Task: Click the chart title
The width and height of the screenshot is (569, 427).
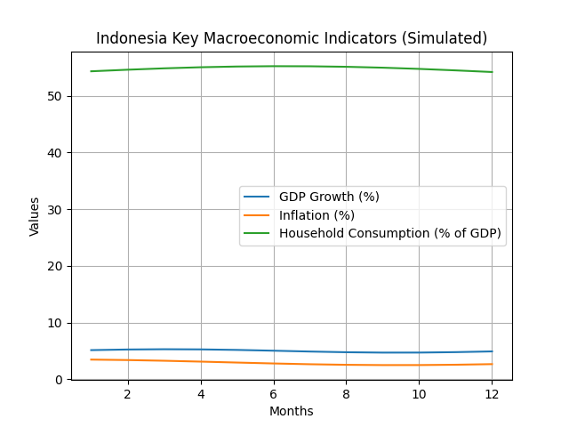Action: [x=292, y=38]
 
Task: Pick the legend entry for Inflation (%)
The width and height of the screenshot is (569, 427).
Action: [x=317, y=215]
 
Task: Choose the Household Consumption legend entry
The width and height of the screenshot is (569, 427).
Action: [x=390, y=233]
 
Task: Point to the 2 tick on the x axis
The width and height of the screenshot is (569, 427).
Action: [x=127, y=394]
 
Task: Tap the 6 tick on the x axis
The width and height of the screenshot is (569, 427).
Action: [x=273, y=394]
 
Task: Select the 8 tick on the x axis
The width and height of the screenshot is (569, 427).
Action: [x=346, y=394]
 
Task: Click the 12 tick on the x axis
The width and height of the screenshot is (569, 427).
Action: [x=492, y=394]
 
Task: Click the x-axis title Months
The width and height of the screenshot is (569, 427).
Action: [x=292, y=411]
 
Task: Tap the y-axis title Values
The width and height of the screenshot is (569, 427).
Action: [x=35, y=216]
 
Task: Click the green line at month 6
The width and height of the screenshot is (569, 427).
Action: [x=273, y=66]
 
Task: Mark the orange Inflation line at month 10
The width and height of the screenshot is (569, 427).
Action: [x=419, y=365]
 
